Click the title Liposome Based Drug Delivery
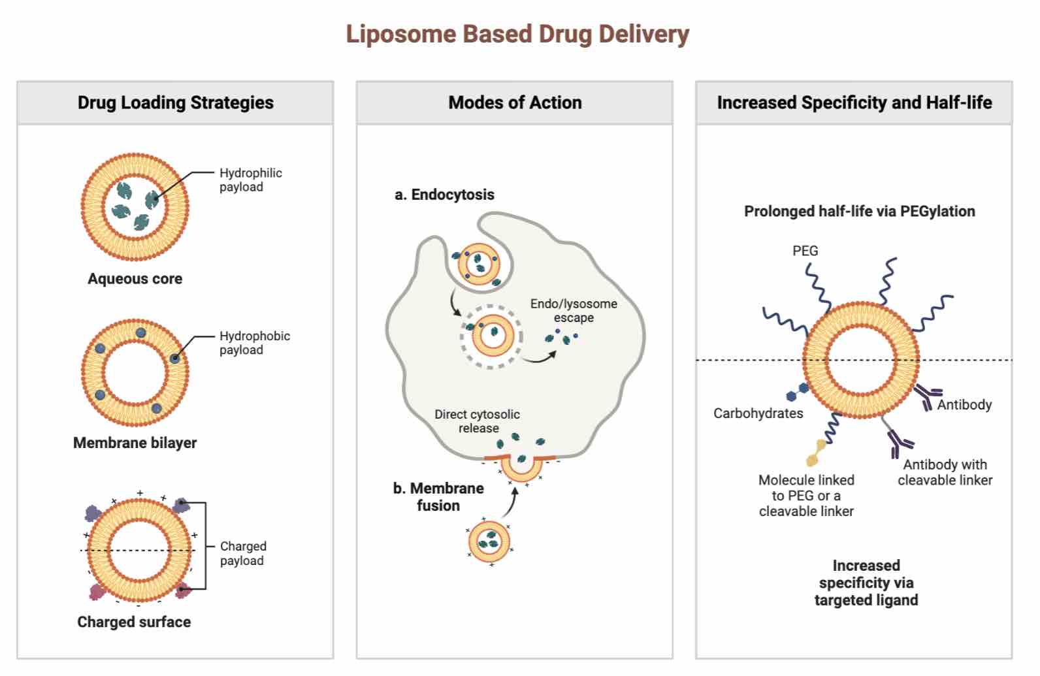(517, 34)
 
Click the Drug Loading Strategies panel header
(175, 103)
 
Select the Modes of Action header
(515, 103)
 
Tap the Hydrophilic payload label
(250, 180)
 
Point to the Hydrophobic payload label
(254, 343)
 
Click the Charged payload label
(243, 553)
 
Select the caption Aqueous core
(135, 279)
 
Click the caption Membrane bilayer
(135, 443)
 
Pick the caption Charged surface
(134, 622)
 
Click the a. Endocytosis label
(444, 195)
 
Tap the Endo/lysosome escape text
(574, 311)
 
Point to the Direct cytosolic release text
(478, 421)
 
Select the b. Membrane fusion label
(438, 497)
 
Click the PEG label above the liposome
(805, 251)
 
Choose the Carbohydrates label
(758, 413)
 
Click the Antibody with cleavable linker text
(945, 472)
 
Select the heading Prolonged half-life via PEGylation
(859, 212)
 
